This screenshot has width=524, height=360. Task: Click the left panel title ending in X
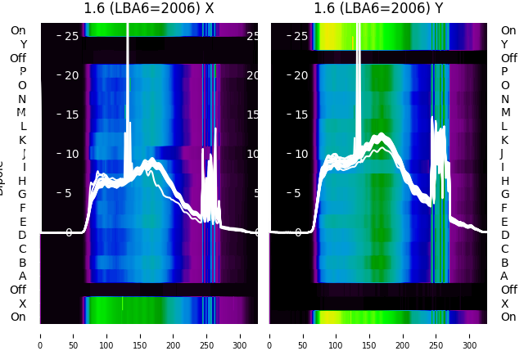[149, 9]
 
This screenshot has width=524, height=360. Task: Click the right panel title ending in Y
[379, 9]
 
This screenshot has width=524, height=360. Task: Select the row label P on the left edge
[23, 72]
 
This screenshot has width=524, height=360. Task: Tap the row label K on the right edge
[504, 140]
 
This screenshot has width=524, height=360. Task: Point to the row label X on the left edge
[23, 304]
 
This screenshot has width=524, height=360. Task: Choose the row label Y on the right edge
[504, 44]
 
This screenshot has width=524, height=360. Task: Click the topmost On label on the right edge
[508, 30]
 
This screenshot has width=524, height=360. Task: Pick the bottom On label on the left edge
[18, 317]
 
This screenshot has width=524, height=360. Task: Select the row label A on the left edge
[23, 277]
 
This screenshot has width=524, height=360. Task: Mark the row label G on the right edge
[504, 195]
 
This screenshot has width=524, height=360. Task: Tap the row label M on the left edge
[22, 113]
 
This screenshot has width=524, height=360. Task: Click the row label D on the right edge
[504, 236]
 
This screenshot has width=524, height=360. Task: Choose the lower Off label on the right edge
[508, 290]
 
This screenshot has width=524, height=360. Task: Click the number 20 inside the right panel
[300, 75]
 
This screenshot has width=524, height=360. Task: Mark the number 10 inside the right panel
[300, 154]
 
